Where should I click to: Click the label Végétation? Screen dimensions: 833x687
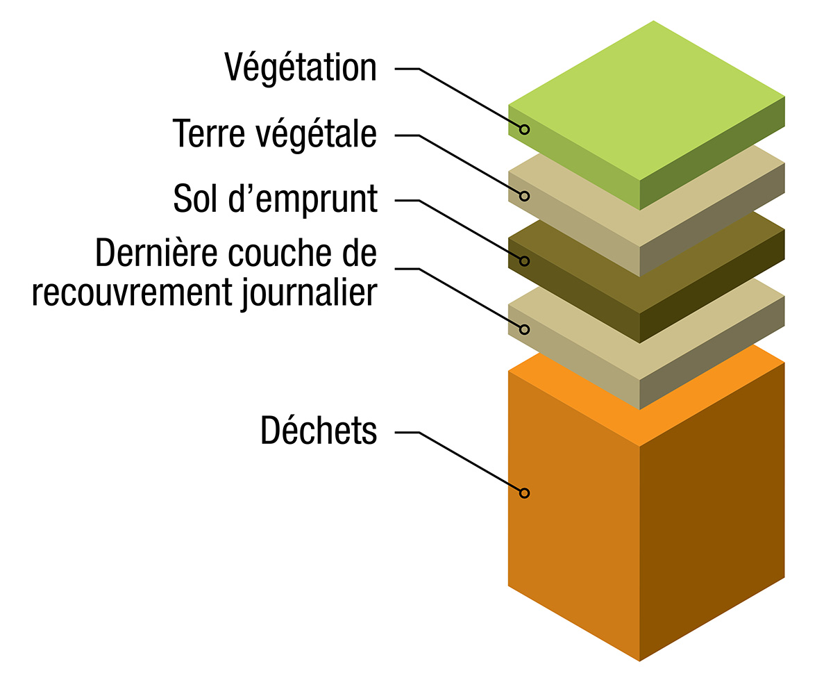(x=301, y=68)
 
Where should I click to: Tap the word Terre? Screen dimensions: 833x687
(x=209, y=134)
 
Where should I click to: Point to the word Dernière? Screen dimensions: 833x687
(x=156, y=253)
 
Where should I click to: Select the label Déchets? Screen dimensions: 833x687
(x=319, y=430)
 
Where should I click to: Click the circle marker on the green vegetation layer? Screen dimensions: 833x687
(x=525, y=129)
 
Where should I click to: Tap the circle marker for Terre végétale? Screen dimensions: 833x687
(x=525, y=196)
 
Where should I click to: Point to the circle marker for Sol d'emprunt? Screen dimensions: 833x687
(x=525, y=261)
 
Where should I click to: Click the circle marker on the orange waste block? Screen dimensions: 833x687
(x=525, y=493)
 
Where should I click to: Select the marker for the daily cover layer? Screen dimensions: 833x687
(x=525, y=329)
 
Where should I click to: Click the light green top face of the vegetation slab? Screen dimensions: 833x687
(x=647, y=100)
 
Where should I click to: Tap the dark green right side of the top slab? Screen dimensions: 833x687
(x=712, y=154)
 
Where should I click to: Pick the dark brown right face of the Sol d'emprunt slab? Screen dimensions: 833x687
(x=712, y=287)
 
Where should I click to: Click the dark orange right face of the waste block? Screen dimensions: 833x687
(x=712, y=512)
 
